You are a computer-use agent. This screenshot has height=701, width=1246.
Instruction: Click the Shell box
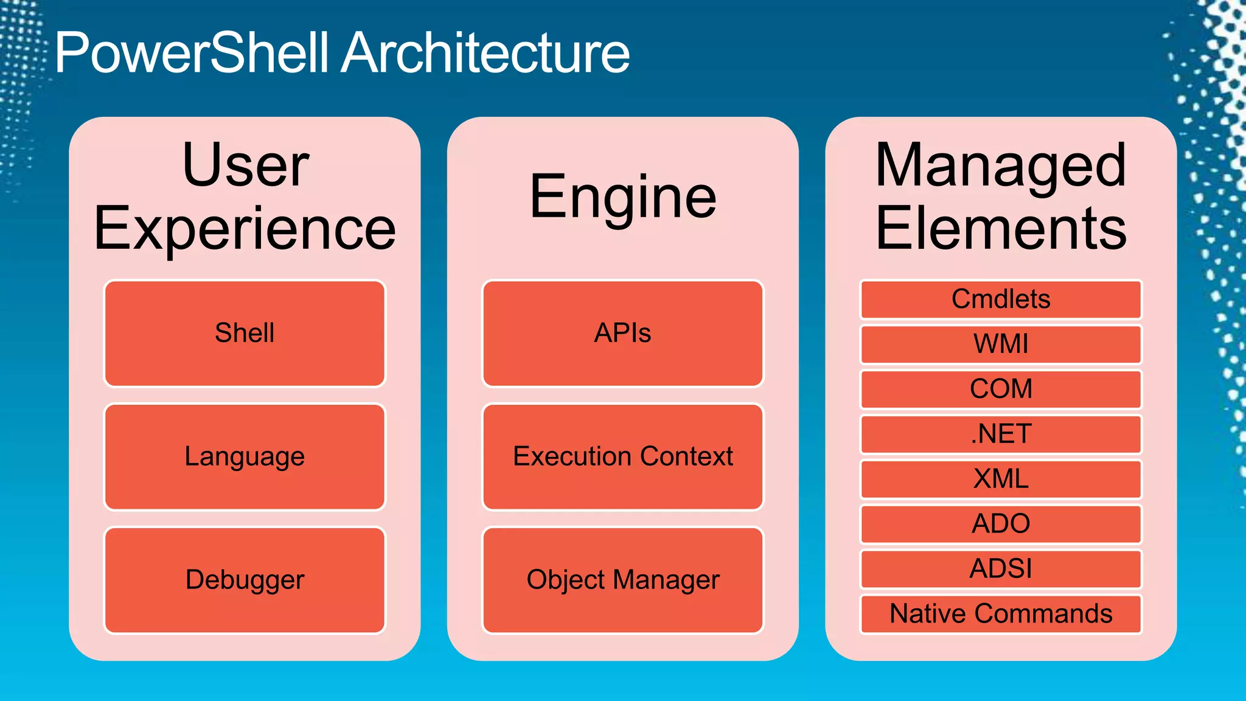click(245, 333)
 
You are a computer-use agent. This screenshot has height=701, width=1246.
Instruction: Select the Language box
click(245, 456)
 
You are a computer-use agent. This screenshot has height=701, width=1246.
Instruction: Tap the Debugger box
click(245, 580)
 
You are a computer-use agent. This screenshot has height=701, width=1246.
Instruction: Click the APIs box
click(622, 333)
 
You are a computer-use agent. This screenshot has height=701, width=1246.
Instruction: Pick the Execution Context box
click(622, 456)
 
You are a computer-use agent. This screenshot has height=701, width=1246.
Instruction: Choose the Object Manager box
click(622, 580)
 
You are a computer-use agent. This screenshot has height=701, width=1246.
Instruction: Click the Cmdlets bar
click(1001, 299)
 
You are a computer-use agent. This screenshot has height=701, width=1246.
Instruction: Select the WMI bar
click(1001, 344)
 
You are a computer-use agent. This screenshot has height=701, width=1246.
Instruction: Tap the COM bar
click(1001, 389)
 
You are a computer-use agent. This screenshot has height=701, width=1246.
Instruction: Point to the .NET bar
click(1001, 434)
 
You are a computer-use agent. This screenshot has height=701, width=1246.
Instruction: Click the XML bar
click(1001, 479)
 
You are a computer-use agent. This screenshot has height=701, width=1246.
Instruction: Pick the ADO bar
click(1001, 524)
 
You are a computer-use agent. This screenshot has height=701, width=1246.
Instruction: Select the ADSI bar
click(1001, 569)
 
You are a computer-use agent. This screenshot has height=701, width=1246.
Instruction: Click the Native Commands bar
click(1001, 614)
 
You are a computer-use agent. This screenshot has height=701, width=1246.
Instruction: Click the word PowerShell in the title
click(192, 54)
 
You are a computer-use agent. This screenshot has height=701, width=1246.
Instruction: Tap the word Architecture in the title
click(485, 54)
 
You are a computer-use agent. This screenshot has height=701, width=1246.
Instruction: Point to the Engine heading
click(622, 197)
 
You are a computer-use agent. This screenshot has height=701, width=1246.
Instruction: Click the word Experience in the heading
click(245, 229)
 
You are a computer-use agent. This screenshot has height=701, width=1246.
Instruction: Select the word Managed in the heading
click(1001, 166)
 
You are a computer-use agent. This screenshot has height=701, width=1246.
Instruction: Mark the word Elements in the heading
click(1001, 229)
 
